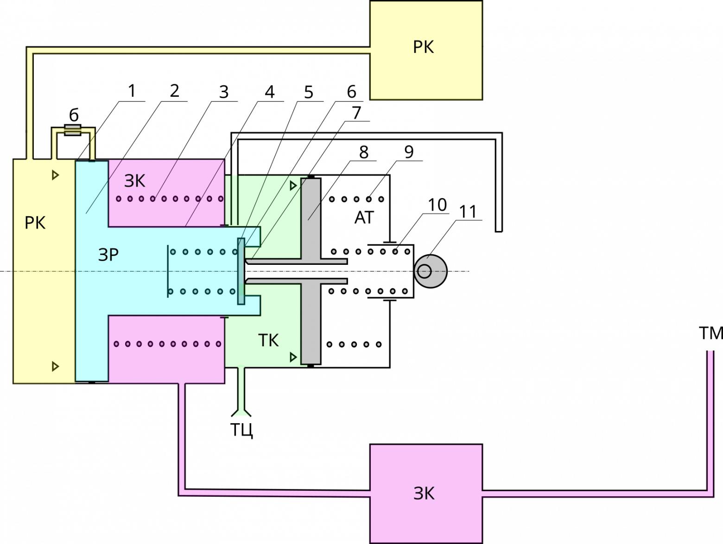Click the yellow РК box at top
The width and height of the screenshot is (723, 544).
(x=425, y=50)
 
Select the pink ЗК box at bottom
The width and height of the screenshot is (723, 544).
(x=425, y=493)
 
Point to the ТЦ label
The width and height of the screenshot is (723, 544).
(x=242, y=430)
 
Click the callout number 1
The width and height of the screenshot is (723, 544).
(x=132, y=91)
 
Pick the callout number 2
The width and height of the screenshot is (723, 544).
(x=174, y=91)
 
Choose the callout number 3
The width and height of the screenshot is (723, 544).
(x=224, y=92)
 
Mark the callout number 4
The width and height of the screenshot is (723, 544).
(x=269, y=92)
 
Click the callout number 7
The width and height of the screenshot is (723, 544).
(x=356, y=113)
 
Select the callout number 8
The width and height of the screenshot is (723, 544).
(x=363, y=152)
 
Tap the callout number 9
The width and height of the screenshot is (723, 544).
(x=408, y=152)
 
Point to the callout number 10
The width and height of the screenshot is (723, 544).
(x=437, y=205)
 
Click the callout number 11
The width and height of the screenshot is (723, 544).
(x=468, y=212)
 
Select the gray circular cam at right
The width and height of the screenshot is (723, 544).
(x=431, y=271)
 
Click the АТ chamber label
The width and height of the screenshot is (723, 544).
(x=364, y=218)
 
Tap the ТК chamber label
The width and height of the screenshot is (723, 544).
(x=268, y=340)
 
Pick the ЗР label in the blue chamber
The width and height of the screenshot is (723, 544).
(x=108, y=255)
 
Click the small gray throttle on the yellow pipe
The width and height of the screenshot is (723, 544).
(x=72, y=130)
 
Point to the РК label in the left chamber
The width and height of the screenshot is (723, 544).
(x=35, y=223)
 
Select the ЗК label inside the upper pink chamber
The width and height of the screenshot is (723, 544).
(x=135, y=181)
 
